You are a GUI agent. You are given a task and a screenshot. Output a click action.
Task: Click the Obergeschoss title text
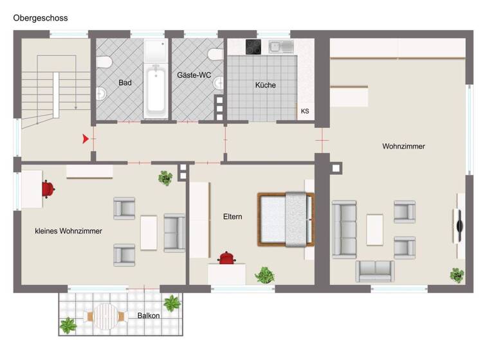point(41,18)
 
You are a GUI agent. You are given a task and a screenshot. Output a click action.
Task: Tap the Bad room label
point(125,83)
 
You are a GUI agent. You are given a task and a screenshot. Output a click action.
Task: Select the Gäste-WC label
point(194,75)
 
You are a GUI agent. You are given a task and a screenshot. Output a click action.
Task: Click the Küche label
point(266,85)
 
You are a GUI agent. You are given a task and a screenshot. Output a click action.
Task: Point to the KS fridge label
point(305,111)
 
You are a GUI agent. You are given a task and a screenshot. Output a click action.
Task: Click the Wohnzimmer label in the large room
point(403,147)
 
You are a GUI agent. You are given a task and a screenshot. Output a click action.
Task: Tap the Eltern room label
point(233,217)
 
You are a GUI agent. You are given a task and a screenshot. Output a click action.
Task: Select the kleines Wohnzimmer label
point(68,231)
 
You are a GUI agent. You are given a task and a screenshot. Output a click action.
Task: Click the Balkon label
point(149,316)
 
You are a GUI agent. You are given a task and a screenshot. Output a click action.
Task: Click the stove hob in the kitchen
point(254,46)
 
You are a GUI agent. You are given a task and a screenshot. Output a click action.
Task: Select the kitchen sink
point(282,46)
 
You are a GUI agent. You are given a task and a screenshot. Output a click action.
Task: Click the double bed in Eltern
point(286,219)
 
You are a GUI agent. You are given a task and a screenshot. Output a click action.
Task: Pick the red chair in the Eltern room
point(226,258)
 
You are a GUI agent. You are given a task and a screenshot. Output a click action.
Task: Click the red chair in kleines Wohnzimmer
point(48,188)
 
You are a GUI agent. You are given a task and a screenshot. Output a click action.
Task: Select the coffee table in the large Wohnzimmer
point(374,230)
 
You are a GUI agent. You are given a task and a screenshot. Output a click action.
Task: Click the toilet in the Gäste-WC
point(216,54)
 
